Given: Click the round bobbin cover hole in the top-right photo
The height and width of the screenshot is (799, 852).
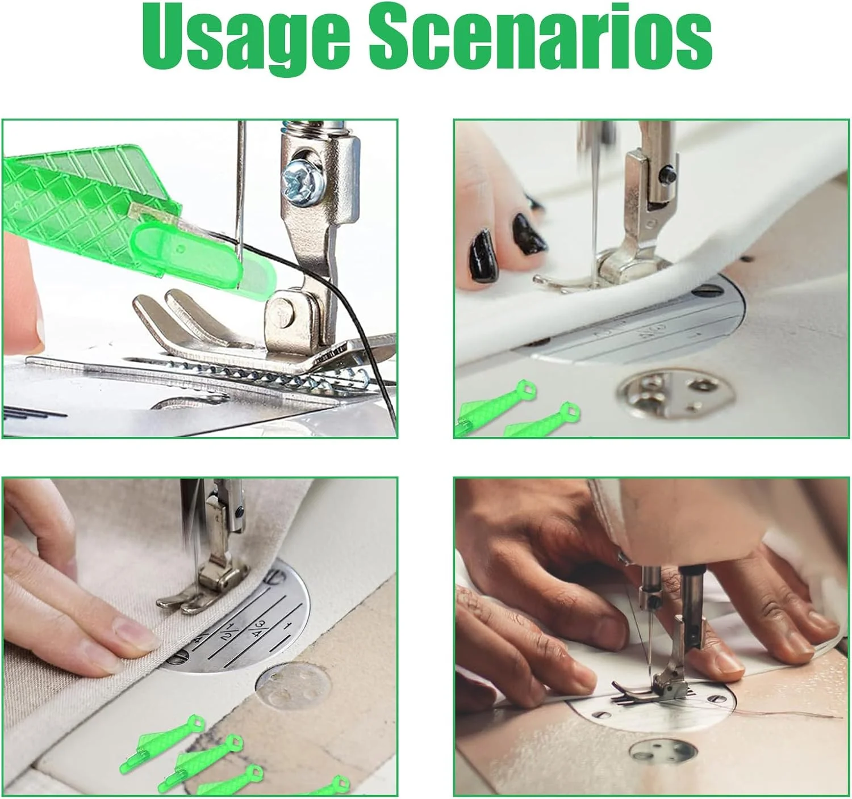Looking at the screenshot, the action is (x=676, y=395).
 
